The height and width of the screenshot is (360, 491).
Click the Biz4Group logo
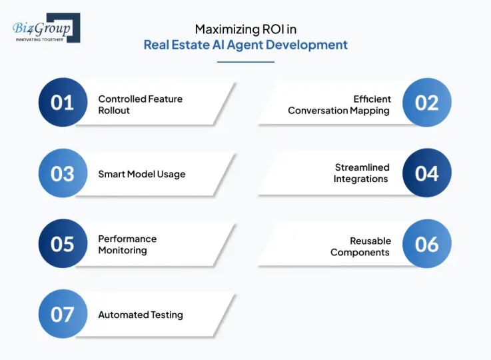[45, 28]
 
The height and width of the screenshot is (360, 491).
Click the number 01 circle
[63, 103]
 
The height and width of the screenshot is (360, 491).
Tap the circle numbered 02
[427, 103]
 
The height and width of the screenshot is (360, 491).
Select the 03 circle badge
[63, 173]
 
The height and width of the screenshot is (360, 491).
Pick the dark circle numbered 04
[427, 173]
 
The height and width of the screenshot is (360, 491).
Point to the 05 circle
[63, 244]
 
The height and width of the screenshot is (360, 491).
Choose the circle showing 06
[427, 244]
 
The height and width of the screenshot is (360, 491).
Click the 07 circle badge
[63, 314]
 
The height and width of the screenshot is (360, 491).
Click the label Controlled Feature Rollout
[140, 105]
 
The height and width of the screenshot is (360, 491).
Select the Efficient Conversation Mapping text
[339, 105]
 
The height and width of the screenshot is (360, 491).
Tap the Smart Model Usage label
[142, 175]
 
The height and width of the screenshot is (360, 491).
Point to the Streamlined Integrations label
[361, 173]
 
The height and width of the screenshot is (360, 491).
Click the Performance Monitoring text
[127, 245]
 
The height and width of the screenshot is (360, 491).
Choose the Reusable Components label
[360, 247]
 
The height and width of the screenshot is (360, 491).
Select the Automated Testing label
[141, 315]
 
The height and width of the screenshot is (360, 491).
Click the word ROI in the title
[271, 29]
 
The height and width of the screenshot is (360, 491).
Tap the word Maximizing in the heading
[224, 29]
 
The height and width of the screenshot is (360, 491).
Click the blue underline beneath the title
[246, 62]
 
